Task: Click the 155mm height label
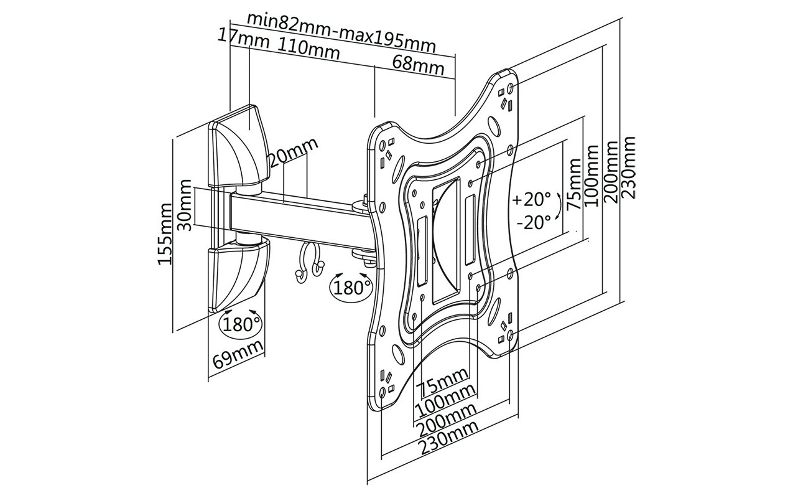[165, 234]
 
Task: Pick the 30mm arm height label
[185, 205]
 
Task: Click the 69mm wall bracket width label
[238, 355]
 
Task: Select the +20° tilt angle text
[531, 200]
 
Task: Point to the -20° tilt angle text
[534, 223]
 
